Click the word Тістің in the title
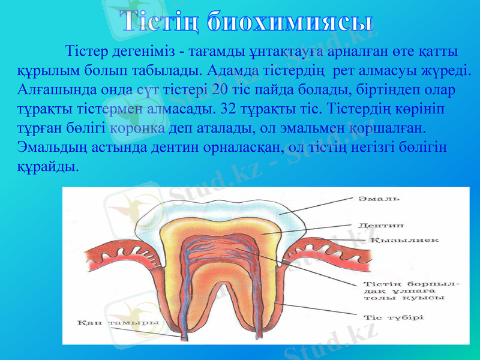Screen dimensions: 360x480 (158, 21)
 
